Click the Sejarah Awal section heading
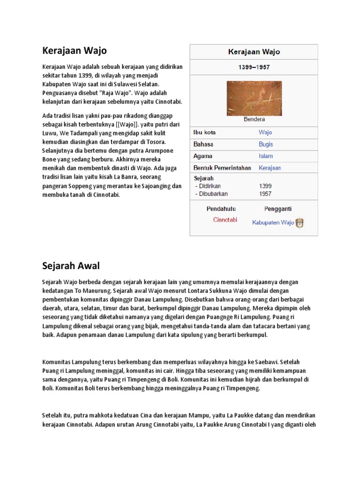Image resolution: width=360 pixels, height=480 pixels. pyautogui.click(x=71, y=266)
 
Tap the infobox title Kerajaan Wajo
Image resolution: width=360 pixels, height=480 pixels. pyautogui.click(x=254, y=52)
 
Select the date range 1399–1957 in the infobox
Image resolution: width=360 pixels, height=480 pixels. pyautogui.click(x=254, y=67)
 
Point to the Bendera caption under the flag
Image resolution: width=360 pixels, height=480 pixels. pyautogui.click(x=254, y=120)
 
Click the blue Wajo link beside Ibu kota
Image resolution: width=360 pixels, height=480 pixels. pyautogui.click(x=265, y=132)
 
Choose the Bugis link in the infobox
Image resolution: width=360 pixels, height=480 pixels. pyautogui.click(x=266, y=144)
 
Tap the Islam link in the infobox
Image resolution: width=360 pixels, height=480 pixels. pyautogui.click(x=266, y=156)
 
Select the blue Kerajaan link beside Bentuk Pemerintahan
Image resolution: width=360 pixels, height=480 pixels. pyautogui.click(x=270, y=168)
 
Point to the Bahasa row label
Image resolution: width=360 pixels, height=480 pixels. pyautogui.click(x=203, y=144)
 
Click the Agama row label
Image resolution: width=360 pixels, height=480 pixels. pyautogui.click(x=203, y=156)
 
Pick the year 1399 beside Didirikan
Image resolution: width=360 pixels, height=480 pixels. pyautogui.click(x=265, y=186)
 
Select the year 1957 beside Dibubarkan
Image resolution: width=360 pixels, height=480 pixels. pyautogui.click(x=265, y=193)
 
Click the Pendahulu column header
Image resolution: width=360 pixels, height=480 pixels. pyautogui.click(x=221, y=209)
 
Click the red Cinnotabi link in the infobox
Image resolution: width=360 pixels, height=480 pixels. pyautogui.click(x=225, y=220)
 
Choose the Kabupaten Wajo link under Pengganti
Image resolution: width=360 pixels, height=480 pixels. pyautogui.click(x=273, y=223)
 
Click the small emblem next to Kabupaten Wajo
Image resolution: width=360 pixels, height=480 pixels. pyautogui.click(x=300, y=223)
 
